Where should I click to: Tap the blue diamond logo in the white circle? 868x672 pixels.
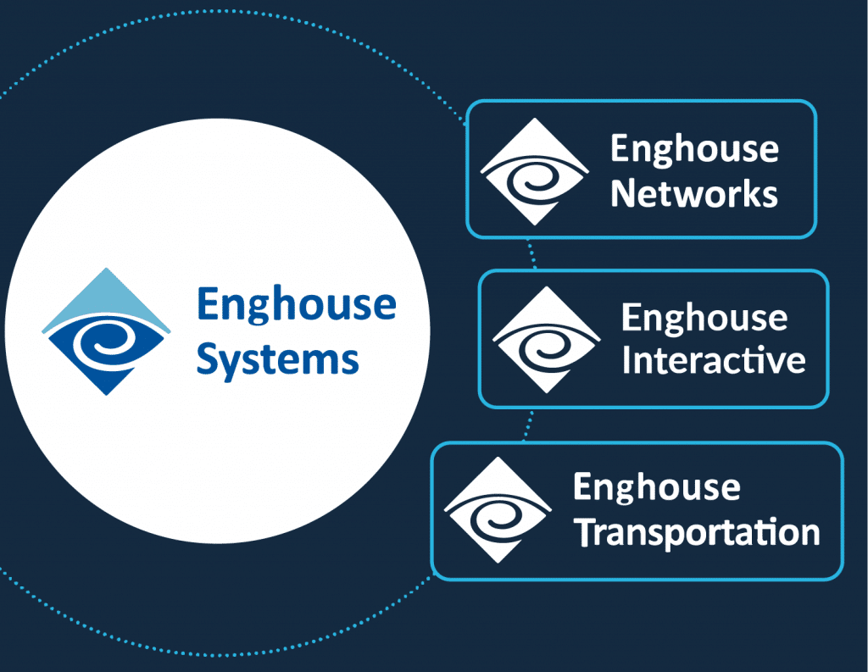click(x=106, y=331)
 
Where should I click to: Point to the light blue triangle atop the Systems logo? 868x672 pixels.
click(x=106, y=297)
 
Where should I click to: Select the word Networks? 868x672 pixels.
click(x=693, y=193)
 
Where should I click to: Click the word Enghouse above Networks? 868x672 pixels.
click(x=694, y=150)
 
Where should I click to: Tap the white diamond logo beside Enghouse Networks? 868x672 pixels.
click(x=534, y=172)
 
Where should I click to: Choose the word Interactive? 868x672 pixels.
click(x=713, y=360)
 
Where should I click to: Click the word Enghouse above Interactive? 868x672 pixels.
click(x=704, y=319)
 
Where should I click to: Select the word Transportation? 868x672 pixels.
click(x=696, y=532)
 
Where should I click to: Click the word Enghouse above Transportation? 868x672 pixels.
click(x=656, y=488)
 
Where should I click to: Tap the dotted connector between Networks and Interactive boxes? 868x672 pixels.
click(x=531, y=253)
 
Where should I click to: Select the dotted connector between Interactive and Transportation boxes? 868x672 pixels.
click(x=529, y=425)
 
